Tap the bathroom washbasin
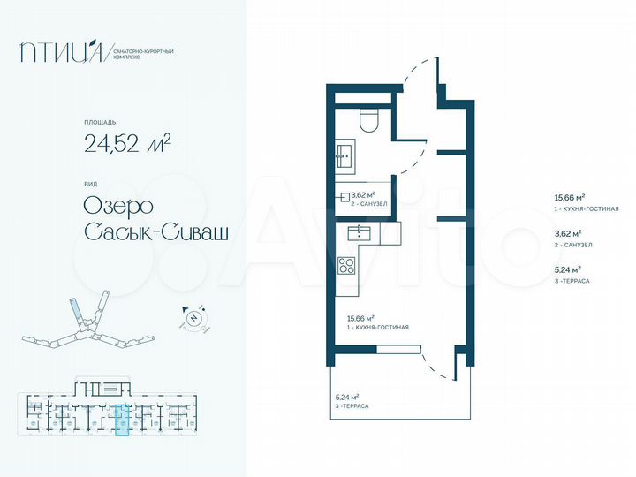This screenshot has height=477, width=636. click(345, 158)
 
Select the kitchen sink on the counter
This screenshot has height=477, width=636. click(360, 233)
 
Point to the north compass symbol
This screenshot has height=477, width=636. click(194, 316)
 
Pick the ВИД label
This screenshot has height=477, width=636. click(90, 184)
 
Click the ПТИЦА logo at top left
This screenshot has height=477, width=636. click(64, 53)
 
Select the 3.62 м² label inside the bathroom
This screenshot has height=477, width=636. click(364, 194)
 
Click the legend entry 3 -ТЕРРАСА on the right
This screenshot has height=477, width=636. click(571, 280)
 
